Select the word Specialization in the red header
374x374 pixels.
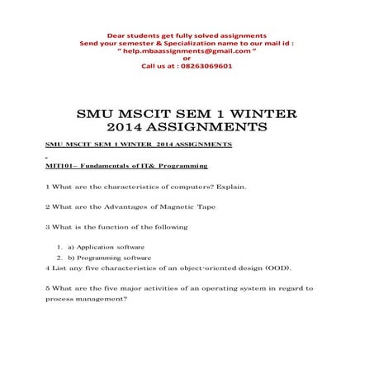pyautogui.click(x=179, y=42)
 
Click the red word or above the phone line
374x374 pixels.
pyautogui.click(x=187, y=58)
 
